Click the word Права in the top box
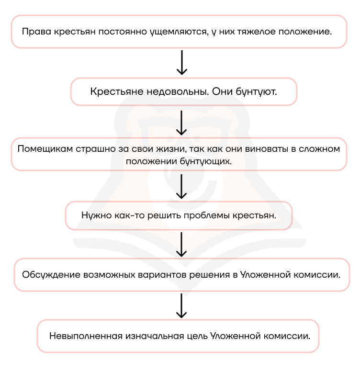point(36,32)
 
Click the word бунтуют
point(257,92)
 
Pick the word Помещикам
point(45,149)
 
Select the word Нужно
point(97,215)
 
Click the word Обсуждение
point(51,275)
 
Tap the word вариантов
point(162,275)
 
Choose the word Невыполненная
point(86,336)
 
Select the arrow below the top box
point(182,62)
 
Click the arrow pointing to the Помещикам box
point(181,123)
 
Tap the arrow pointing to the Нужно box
point(181,186)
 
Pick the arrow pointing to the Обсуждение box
point(181,244)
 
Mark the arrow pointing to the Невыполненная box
point(181,306)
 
